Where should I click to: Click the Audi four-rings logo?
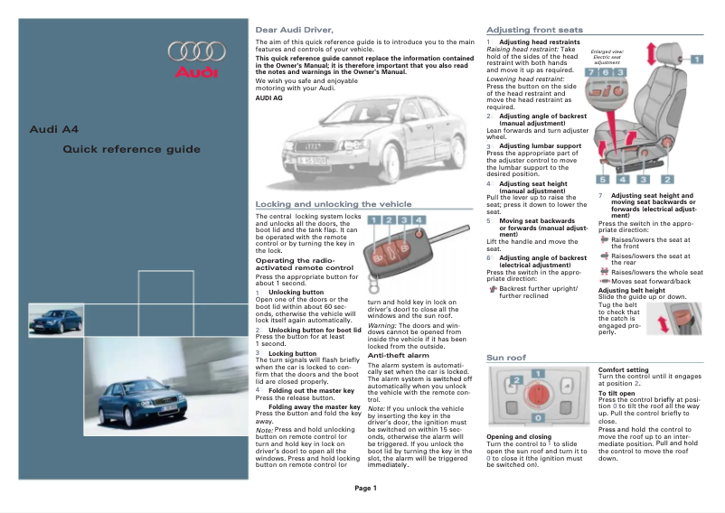(x=193, y=51)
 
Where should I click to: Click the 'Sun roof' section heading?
(x=506, y=358)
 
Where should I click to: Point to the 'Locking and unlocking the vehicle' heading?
(x=333, y=204)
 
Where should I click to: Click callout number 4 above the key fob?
(x=418, y=219)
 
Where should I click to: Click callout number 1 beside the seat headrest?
(x=697, y=59)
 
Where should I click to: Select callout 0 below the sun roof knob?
(x=537, y=419)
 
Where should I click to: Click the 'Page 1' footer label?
(x=365, y=489)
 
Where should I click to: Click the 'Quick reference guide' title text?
(x=131, y=149)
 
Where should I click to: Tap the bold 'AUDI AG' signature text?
(x=270, y=98)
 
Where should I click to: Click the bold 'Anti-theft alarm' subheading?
(x=398, y=355)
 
